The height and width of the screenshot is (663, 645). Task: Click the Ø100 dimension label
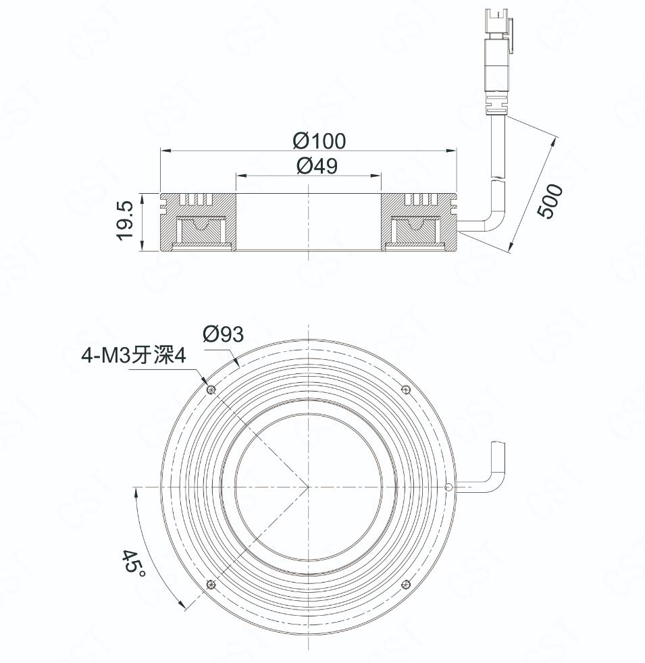coord(319,141)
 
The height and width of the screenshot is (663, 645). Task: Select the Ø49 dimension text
coord(317,165)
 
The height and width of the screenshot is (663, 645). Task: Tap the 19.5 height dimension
coord(125,221)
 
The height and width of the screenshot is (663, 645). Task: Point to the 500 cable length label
coord(550,201)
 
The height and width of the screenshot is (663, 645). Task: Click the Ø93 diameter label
coord(223,334)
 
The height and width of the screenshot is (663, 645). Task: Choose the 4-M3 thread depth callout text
coord(134,356)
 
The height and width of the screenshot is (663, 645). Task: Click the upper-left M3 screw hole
coord(211,389)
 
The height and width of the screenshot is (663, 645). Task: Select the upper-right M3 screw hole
coord(406,389)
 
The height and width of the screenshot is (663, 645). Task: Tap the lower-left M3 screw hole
coord(210,585)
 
